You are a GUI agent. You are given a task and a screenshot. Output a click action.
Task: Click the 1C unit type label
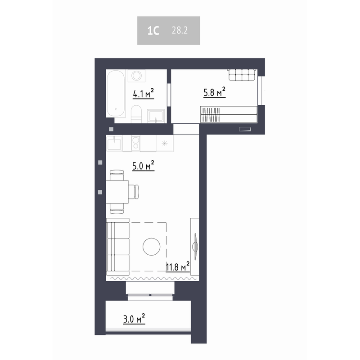pyautogui.click(x=153, y=31)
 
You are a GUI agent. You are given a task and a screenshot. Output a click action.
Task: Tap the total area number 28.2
pyautogui.click(x=180, y=30)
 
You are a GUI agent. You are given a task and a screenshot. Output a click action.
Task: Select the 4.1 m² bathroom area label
pyautogui.click(x=143, y=94)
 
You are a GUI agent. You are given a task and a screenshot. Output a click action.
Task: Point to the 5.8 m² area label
pyautogui.click(x=215, y=92)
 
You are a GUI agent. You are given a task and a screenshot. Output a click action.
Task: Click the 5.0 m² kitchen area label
pyautogui.click(x=143, y=166)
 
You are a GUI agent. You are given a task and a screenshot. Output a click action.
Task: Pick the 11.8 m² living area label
pyautogui.click(x=178, y=266)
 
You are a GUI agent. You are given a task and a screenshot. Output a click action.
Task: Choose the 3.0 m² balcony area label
pyautogui.click(x=134, y=319)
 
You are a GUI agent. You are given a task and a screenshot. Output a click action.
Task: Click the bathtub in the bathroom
pyautogui.click(x=116, y=94)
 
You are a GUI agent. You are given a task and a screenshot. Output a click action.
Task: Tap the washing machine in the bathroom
pyautogui.click(x=136, y=76)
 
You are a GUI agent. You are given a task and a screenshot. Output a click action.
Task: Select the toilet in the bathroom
pyautogui.click(x=136, y=114)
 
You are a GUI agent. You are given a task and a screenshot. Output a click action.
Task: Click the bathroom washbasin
pyautogui.click(x=156, y=116)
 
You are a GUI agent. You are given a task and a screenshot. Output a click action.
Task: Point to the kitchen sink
pyautogui.click(x=114, y=143)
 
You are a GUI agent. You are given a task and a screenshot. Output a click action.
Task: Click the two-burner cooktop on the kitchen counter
pyautogui.click(x=136, y=143)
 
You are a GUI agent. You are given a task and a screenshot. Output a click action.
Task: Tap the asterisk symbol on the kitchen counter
pyautogui.click(x=165, y=144)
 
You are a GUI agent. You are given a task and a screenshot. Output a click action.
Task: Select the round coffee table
pyautogui.click(x=152, y=247)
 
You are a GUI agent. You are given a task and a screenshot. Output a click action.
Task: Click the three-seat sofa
pyautogui.click(x=118, y=247)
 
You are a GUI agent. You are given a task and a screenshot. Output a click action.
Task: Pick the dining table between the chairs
pyautogui.click(x=117, y=192)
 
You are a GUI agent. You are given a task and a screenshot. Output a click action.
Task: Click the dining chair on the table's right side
pyautogui.click(x=133, y=192)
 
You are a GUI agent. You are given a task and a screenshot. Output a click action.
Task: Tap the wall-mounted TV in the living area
pyautogui.click(x=195, y=247)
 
